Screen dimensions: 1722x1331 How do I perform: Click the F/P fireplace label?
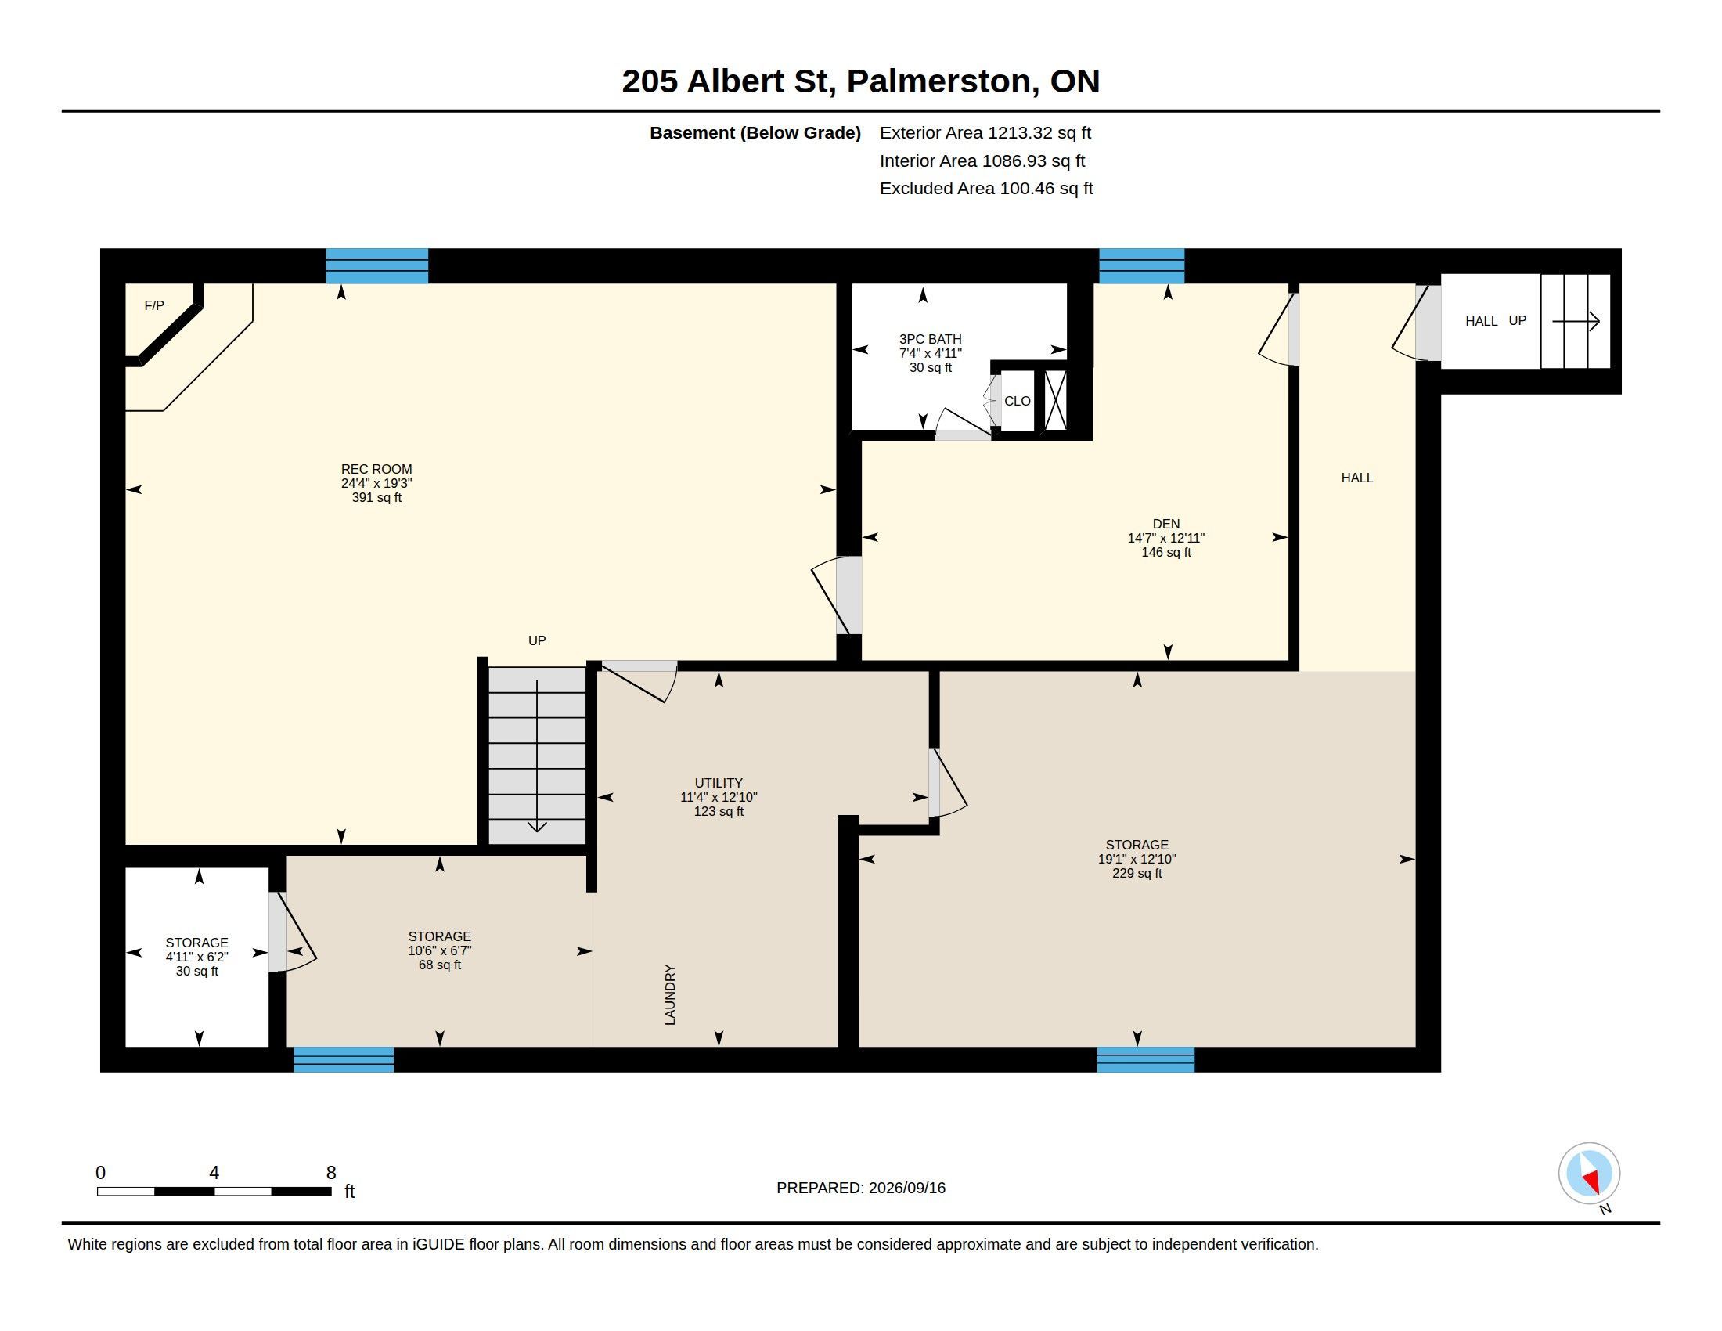click(153, 305)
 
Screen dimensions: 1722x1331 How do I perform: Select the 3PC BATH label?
click(931, 339)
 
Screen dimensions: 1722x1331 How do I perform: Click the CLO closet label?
click(1017, 401)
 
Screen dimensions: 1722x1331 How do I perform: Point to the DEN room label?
click(1166, 524)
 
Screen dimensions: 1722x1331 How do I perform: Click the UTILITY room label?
click(719, 783)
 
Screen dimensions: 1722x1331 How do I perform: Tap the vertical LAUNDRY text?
click(670, 995)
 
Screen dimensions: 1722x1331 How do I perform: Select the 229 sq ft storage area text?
click(1137, 874)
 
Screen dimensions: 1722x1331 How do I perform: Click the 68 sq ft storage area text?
click(440, 965)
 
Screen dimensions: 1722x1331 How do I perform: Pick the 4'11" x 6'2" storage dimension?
click(197, 958)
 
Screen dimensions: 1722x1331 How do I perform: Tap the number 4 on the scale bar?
click(214, 1173)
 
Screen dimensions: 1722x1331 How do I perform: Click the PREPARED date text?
click(861, 1188)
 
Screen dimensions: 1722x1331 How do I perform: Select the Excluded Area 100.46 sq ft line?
click(986, 189)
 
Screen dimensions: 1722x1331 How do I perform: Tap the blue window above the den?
click(1142, 265)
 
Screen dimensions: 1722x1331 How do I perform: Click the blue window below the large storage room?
click(1146, 1060)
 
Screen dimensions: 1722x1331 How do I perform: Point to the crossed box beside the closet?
click(1055, 400)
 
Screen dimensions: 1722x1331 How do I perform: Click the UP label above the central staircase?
click(537, 640)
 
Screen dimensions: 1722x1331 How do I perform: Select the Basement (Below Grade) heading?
click(755, 133)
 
